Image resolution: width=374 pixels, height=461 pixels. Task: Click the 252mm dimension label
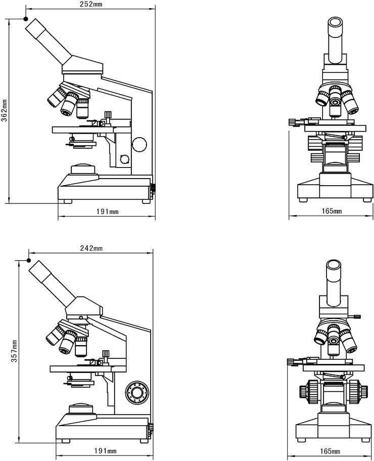(91, 4)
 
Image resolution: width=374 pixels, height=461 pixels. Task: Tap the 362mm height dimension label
(5, 110)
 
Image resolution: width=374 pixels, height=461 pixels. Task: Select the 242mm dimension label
(91, 248)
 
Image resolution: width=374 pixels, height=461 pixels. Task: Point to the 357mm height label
(14, 351)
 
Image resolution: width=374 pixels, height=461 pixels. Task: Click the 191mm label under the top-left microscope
(108, 212)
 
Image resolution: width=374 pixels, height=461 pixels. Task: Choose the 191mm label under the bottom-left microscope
(105, 451)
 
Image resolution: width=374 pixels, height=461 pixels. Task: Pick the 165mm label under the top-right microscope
(332, 211)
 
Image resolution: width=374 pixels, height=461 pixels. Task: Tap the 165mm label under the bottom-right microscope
(330, 451)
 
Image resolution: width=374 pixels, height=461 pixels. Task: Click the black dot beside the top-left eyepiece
(26, 19)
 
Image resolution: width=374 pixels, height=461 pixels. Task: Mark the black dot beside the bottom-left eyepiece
(29, 260)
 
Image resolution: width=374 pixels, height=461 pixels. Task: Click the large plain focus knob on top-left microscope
(139, 144)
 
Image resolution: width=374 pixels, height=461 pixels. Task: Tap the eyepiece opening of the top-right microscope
(335, 22)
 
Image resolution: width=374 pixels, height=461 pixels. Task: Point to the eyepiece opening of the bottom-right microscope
(334, 264)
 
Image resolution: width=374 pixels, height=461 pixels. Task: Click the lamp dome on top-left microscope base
(83, 169)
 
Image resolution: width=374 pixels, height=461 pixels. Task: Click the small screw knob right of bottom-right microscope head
(356, 317)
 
